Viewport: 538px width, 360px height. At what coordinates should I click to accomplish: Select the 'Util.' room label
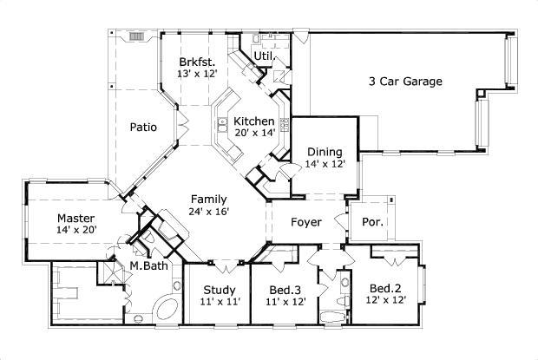(265, 56)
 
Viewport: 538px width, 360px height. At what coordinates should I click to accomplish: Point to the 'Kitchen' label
(254, 121)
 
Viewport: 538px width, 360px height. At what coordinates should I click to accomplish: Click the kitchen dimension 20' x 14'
(254, 133)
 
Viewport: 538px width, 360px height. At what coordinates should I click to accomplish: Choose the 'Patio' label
(143, 128)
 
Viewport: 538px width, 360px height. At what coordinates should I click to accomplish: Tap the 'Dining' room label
(325, 152)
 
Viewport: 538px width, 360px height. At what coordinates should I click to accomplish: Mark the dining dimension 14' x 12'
(325, 163)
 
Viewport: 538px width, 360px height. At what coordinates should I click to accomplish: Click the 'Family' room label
(209, 199)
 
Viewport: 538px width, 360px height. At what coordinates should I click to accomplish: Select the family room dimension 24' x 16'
(209, 211)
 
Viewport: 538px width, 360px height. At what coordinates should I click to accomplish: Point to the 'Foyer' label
(305, 223)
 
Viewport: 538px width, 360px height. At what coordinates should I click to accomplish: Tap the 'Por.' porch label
(373, 222)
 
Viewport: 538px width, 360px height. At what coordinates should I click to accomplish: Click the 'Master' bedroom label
(76, 218)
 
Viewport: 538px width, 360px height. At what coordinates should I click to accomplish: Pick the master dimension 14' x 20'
(76, 231)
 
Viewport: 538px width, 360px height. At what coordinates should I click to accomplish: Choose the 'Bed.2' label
(384, 288)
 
